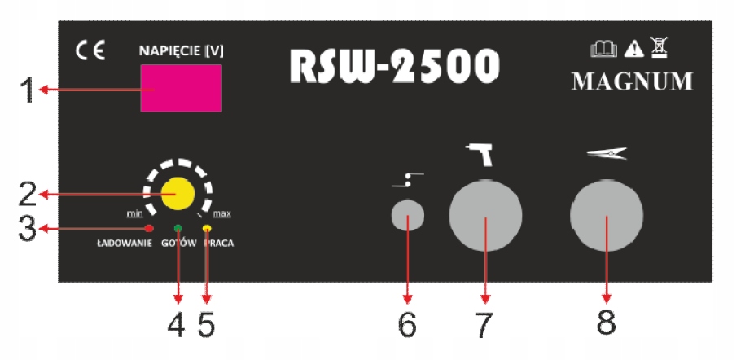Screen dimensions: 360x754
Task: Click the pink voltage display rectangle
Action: (181, 88)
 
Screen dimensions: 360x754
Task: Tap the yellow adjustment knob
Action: (177, 194)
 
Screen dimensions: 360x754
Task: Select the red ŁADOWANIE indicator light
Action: (150, 228)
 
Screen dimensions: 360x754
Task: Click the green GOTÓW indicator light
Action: (178, 228)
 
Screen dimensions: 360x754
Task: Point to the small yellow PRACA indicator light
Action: (207, 228)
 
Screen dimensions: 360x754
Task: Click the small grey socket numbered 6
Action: (407, 217)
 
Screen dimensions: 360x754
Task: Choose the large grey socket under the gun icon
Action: (485, 217)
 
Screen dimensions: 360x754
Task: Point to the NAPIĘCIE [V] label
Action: (181, 50)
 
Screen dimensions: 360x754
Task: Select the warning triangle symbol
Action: (633, 50)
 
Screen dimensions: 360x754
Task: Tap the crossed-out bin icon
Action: (660, 50)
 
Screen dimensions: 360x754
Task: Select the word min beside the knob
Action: (134, 213)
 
